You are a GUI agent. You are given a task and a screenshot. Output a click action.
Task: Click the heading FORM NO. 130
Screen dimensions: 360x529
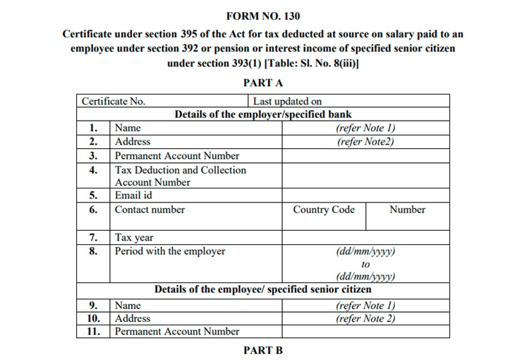point(263,16)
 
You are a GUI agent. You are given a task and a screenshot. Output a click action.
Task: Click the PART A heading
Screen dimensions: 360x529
point(263,83)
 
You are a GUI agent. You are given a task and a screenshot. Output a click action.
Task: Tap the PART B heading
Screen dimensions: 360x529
point(263,350)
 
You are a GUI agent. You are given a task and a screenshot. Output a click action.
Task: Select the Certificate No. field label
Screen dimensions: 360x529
point(114,101)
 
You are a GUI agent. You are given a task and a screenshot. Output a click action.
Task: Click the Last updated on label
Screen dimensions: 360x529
point(287,101)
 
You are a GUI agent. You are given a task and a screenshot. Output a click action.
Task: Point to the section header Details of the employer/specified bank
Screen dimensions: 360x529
point(263,114)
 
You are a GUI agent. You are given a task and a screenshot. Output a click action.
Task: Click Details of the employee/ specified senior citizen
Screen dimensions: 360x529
point(263,289)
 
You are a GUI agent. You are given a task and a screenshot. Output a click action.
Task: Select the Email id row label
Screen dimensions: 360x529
point(133,196)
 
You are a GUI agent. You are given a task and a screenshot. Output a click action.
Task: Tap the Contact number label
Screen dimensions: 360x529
point(150,210)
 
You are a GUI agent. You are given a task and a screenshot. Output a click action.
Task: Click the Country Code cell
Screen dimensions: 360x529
point(324,210)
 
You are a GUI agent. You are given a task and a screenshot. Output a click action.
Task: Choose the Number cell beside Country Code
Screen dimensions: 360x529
point(407,210)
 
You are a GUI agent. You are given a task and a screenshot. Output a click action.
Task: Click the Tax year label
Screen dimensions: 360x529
point(134,238)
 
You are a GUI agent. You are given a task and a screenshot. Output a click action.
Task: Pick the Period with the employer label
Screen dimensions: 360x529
point(170,251)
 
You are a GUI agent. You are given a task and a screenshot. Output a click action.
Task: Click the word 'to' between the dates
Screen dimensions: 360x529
point(365,264)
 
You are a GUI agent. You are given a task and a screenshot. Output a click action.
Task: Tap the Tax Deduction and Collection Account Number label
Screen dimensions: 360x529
point(181,176)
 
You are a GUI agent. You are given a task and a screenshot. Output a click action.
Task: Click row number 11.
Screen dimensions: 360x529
point(93,331)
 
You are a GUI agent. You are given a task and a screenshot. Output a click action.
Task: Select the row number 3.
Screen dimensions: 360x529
point(93,156)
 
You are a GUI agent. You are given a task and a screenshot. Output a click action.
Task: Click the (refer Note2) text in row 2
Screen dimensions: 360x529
point(365,141)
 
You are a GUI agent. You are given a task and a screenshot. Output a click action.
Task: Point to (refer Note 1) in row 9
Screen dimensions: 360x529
point(365,306)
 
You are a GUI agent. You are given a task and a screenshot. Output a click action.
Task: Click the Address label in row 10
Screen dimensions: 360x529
point(133,318)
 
